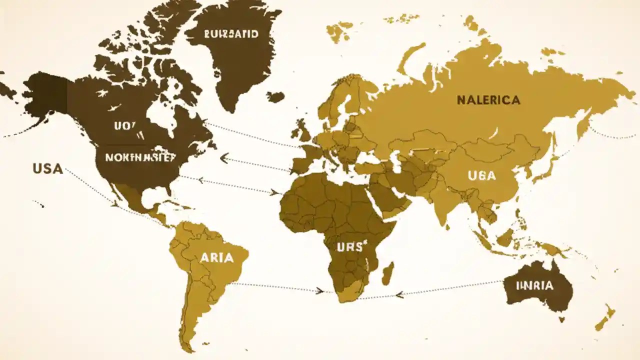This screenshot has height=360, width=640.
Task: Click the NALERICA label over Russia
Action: [488, 100]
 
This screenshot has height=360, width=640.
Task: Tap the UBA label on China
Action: [482, 175]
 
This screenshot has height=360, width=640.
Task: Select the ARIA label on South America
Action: [216, 258]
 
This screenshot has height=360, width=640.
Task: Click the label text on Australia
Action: [534, 286]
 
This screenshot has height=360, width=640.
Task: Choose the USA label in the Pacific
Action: [48, 169]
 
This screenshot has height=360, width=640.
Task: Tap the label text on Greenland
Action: [231, 34]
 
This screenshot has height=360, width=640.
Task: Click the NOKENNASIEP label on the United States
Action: [140, 157]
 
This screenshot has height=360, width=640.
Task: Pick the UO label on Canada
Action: [124, 126]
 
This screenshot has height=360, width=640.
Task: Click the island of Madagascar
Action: [388, 273]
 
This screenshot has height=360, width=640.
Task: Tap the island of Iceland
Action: [275, 96]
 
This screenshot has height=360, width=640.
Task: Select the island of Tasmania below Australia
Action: [561, 318]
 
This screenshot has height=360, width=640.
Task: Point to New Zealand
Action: [605, 318]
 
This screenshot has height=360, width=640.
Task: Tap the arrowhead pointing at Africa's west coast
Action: [274, 191]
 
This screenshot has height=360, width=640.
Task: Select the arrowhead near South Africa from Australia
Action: [399, 294]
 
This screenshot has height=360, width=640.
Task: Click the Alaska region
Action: [45, 95]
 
